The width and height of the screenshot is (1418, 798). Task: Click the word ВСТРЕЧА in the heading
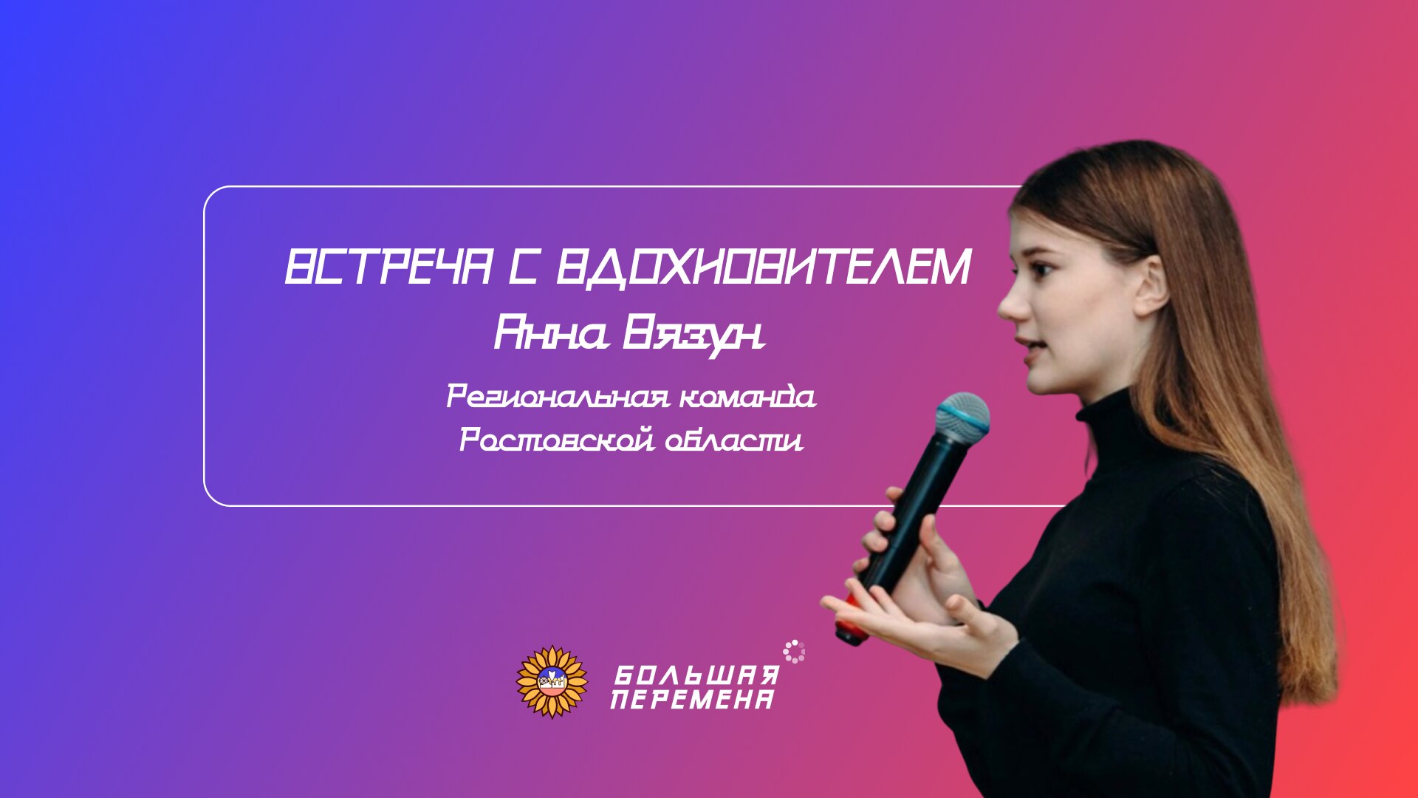388,267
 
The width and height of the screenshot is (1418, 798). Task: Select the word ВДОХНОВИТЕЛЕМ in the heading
763,267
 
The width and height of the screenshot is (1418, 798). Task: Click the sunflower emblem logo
552,681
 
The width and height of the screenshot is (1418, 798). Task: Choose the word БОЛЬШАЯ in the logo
696,675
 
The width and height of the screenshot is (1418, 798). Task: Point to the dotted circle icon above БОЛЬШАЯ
794,651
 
